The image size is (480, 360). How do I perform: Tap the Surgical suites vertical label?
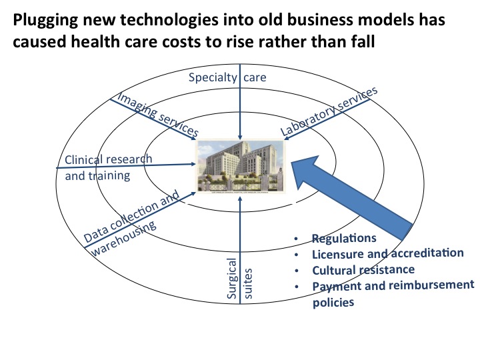[x=239, y=281]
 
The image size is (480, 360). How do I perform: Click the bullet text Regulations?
[x=344, y=238]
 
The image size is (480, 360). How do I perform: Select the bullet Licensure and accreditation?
[x=387, y=254]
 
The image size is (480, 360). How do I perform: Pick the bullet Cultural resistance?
[x=363, y=270]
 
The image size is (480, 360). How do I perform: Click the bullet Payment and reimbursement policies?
[x=393, y=293]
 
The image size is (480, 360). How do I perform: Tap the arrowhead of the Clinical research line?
[x=193, y=161]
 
